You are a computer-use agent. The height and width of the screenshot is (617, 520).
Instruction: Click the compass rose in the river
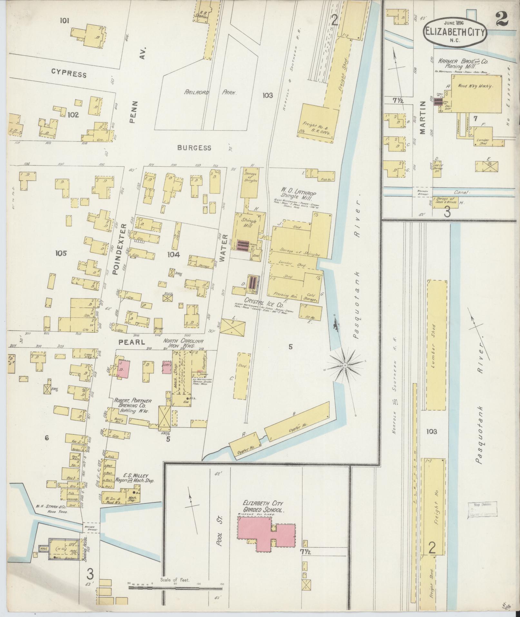pos(345,365)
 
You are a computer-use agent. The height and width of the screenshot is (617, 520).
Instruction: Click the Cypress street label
pos(69,74)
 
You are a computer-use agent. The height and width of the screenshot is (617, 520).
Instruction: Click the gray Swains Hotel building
pos(64,549)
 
